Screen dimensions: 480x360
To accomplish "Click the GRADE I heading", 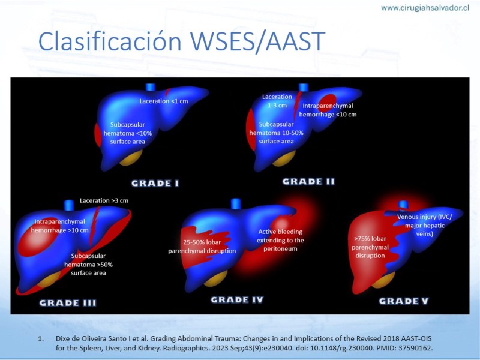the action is point(155,183).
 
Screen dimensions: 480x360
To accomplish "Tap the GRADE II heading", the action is point(308,182).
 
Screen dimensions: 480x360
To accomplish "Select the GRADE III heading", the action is point(68,303).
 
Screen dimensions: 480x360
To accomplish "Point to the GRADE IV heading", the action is point(237,299).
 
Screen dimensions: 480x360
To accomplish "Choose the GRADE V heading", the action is point(404,301).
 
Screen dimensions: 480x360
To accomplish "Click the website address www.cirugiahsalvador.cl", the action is point(425,8).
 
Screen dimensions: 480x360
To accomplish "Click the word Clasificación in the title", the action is point(110,41).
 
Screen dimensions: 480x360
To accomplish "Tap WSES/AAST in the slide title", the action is point(257,41).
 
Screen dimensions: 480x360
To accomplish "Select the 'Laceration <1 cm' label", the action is point(164,101).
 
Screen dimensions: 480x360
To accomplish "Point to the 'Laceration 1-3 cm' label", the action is point(277,101).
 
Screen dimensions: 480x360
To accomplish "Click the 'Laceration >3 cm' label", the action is point(104,200).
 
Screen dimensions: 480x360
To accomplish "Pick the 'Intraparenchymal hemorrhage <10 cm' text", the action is point(328,110).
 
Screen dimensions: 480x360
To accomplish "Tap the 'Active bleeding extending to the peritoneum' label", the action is point(280,240).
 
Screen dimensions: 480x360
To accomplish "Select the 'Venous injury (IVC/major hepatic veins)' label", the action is point(425,226).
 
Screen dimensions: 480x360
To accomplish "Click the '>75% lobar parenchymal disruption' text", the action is point(370,247).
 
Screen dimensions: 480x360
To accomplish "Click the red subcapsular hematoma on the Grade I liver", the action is point(98,134).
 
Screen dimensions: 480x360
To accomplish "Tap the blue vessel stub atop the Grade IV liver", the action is point(236,203).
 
